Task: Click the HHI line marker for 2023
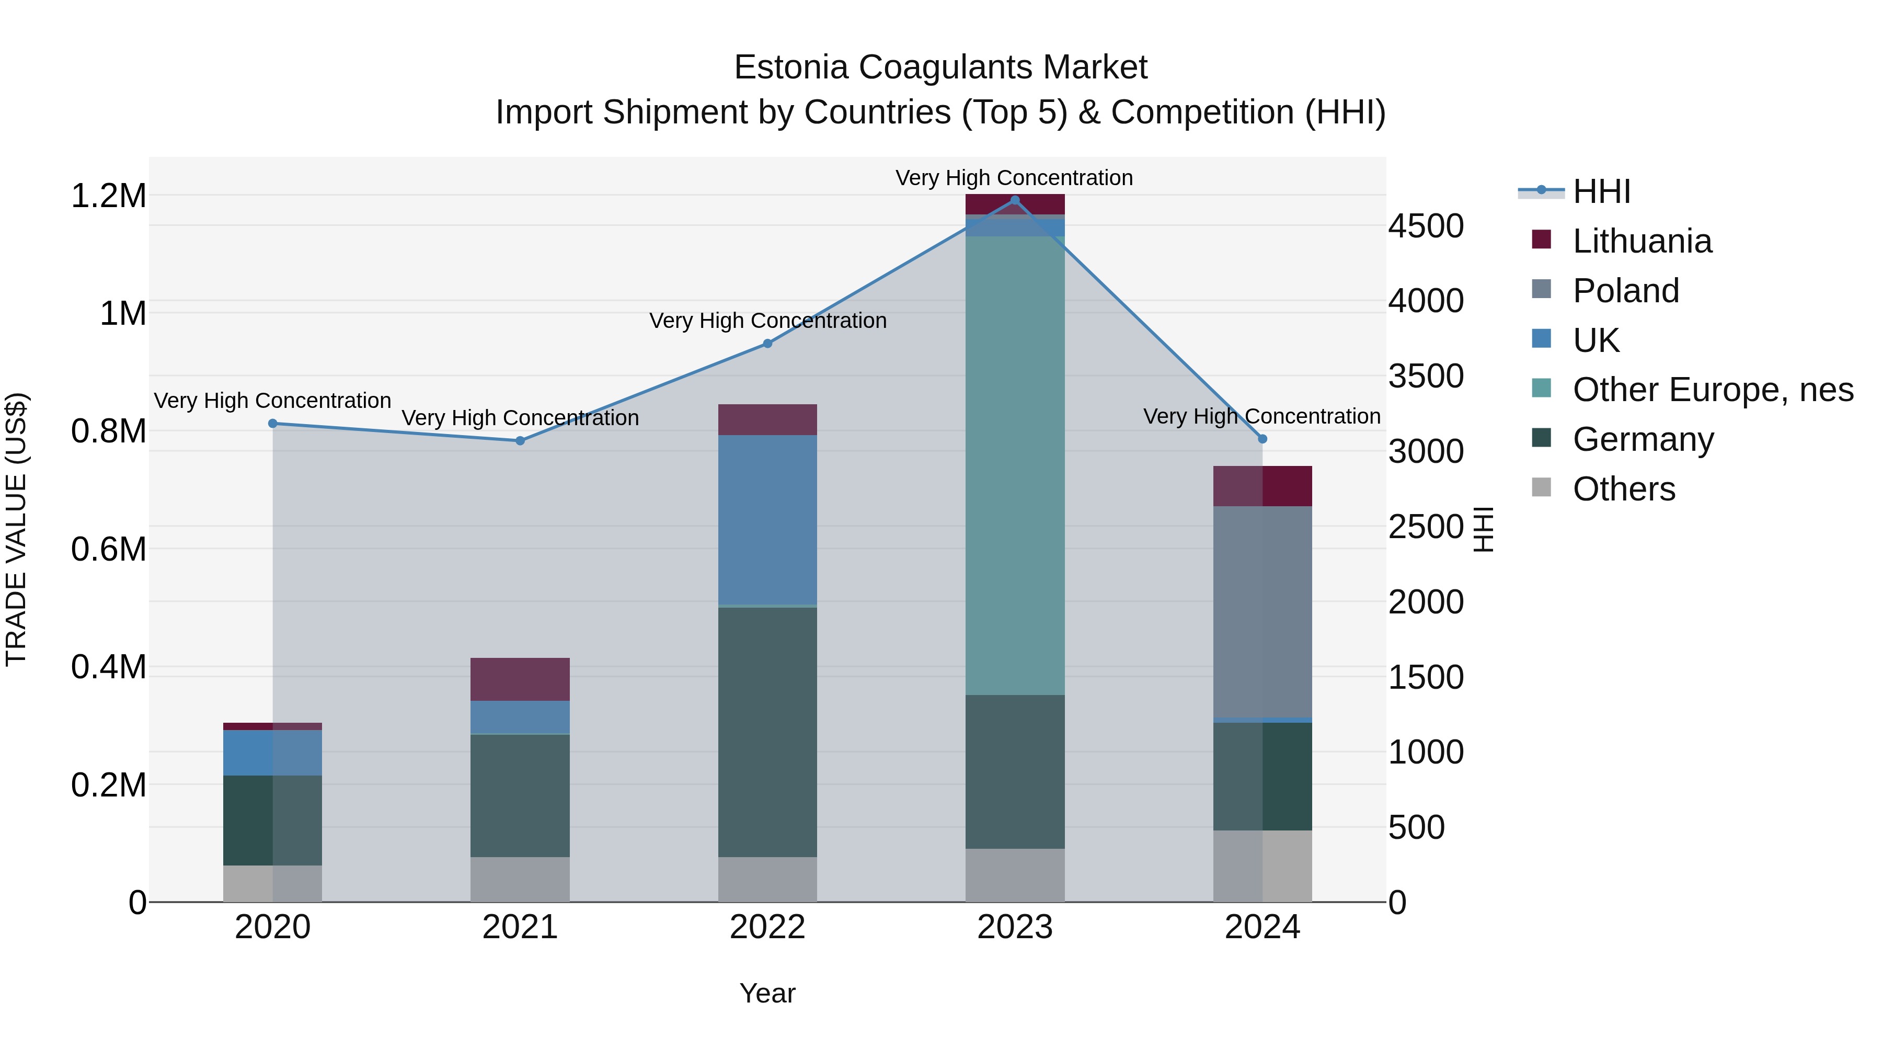[1015, 200]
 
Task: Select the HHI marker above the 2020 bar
[272, 423]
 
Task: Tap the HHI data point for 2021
[520, 441]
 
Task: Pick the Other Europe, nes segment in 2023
[1015, 465]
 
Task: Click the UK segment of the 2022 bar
[767, 520]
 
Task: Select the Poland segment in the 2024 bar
[1263, 612]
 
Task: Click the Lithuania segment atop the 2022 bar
[767, 419]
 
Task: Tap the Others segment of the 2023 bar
[1015, 875]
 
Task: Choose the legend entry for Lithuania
[1642, 241]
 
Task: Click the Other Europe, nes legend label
[1713, 390]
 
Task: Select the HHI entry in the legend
[1601, 191]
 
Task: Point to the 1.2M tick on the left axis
[108, 196]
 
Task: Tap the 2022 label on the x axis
[767, 927]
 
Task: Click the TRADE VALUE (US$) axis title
[16, 529]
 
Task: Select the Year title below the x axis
[767, 993]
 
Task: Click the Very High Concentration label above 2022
[767, 321]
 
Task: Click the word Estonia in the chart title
[790, 67]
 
